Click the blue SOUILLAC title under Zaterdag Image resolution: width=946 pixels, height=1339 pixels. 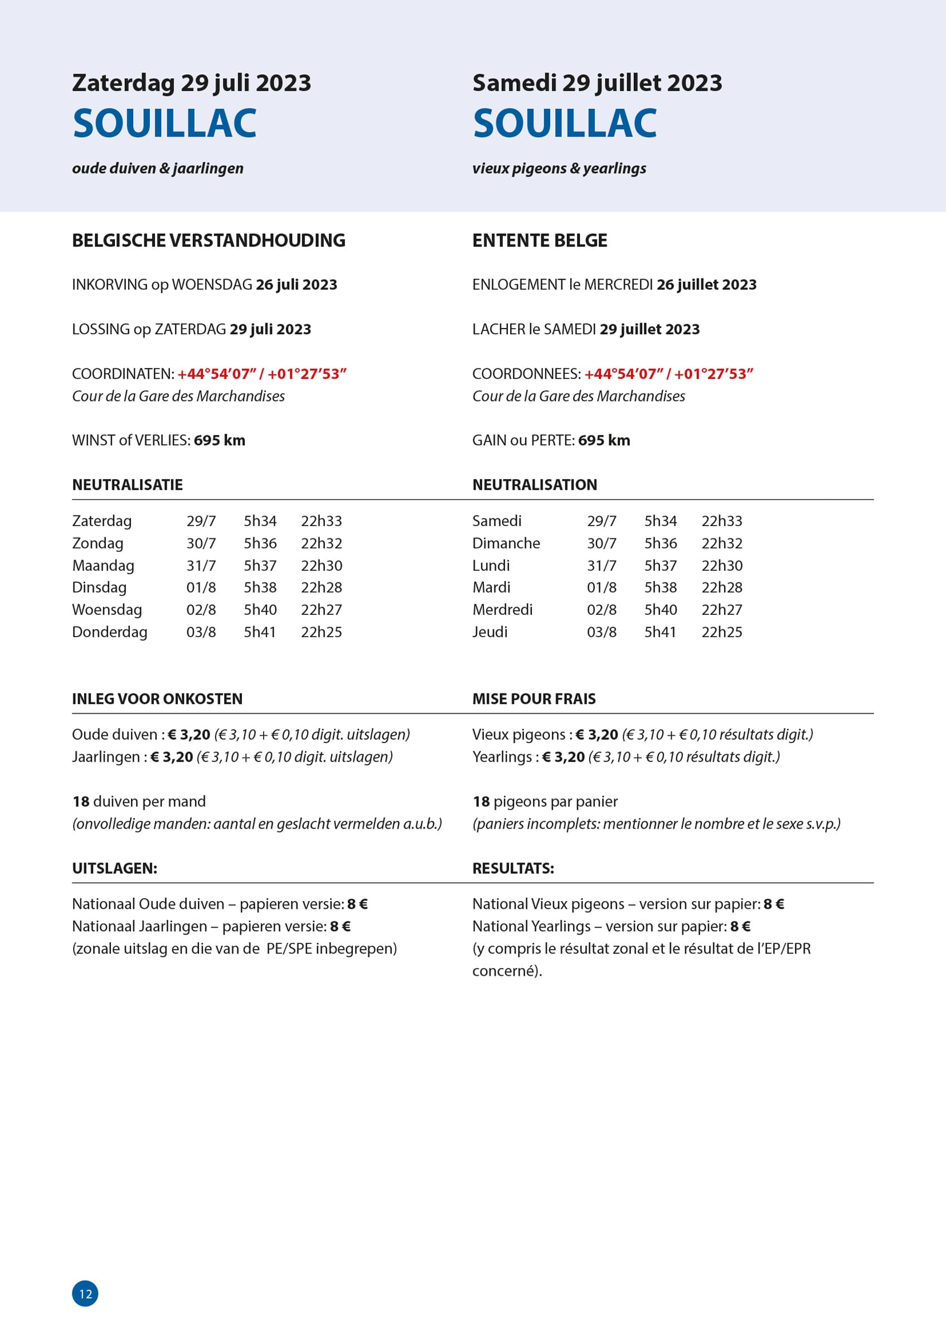tap(164, 124)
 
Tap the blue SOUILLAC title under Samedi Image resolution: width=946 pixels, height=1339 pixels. tap(564, 124)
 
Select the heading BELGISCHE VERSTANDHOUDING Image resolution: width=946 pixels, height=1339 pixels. tap(208, 240)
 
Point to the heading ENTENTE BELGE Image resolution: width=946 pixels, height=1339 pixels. tap(539, 240)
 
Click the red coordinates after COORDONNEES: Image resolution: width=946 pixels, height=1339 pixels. tap(668, 374)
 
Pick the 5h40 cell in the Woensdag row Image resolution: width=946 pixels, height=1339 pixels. tap(260, 609)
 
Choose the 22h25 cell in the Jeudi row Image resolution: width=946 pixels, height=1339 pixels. tap(721, 632)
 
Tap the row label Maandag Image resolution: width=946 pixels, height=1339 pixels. tap(103, 565)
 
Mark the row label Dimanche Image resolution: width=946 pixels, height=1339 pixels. tap(506, 543)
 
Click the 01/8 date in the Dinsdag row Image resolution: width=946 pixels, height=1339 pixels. tap(201, 587)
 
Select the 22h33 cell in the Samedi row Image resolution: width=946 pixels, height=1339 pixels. tap(721, 521)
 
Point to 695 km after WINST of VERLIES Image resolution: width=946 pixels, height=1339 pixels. tap(219, 440)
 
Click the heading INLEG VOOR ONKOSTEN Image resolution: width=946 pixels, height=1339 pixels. tap(157, 699)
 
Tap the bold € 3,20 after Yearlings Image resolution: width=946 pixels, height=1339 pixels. tap(563, 757)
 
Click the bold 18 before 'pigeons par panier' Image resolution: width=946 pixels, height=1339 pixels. tap(481, 801)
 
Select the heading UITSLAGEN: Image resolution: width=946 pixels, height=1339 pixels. tap(114, 868)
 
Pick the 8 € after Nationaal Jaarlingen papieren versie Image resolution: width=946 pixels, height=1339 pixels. tap(340, 926)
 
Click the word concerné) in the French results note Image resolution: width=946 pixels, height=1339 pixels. tap(507, 971)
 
